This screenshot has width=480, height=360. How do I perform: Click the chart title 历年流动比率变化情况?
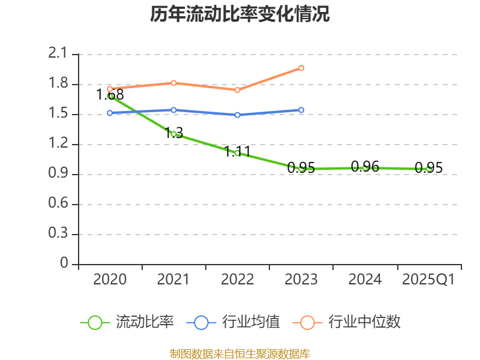tap(240, 14)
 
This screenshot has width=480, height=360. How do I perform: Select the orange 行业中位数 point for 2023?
tap(301, 68)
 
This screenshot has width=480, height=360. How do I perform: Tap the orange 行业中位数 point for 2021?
tap(173, 83)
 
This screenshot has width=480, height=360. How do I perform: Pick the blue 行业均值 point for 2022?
tap(238, 115)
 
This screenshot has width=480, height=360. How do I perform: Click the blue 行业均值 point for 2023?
tap(301, 110)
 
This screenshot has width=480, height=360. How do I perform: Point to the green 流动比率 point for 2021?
tap(173, 134)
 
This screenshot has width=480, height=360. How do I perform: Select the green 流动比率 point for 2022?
tap(238, 153)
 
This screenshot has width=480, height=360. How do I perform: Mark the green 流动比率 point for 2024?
tap(365, 168)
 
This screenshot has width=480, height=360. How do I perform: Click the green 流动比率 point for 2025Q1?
tap(429, 169)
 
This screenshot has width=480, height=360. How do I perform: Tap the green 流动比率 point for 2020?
tap(110, 96)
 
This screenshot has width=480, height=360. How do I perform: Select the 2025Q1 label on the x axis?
tap(428, 280)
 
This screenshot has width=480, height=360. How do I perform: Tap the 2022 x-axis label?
tap(238, 280)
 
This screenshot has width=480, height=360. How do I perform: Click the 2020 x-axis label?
tap(110, 280)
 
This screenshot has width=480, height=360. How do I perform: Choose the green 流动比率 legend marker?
tap(95, 322)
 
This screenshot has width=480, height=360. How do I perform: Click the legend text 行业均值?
tap(251, 322)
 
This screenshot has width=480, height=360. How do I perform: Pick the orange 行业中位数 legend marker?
tap(307, 322)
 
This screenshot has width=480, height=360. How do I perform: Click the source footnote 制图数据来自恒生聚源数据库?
tap(240, 353)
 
